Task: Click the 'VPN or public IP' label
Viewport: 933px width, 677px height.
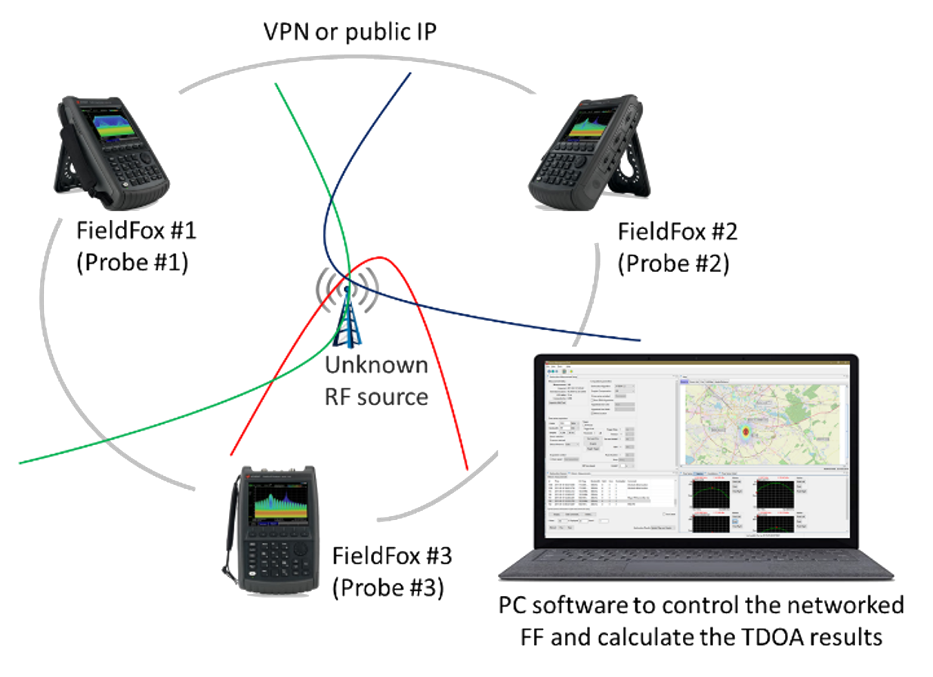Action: (350, 32)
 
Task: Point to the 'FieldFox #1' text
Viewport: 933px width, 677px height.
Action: (137, 230)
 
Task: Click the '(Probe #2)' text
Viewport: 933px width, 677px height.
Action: (673, 264)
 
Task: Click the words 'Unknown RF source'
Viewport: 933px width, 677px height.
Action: (377, 381)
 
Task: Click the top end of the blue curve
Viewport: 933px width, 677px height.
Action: (411, 73)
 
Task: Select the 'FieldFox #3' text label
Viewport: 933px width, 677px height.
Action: (392, 557)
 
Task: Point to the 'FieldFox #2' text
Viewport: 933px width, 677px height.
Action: (678, 232)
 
